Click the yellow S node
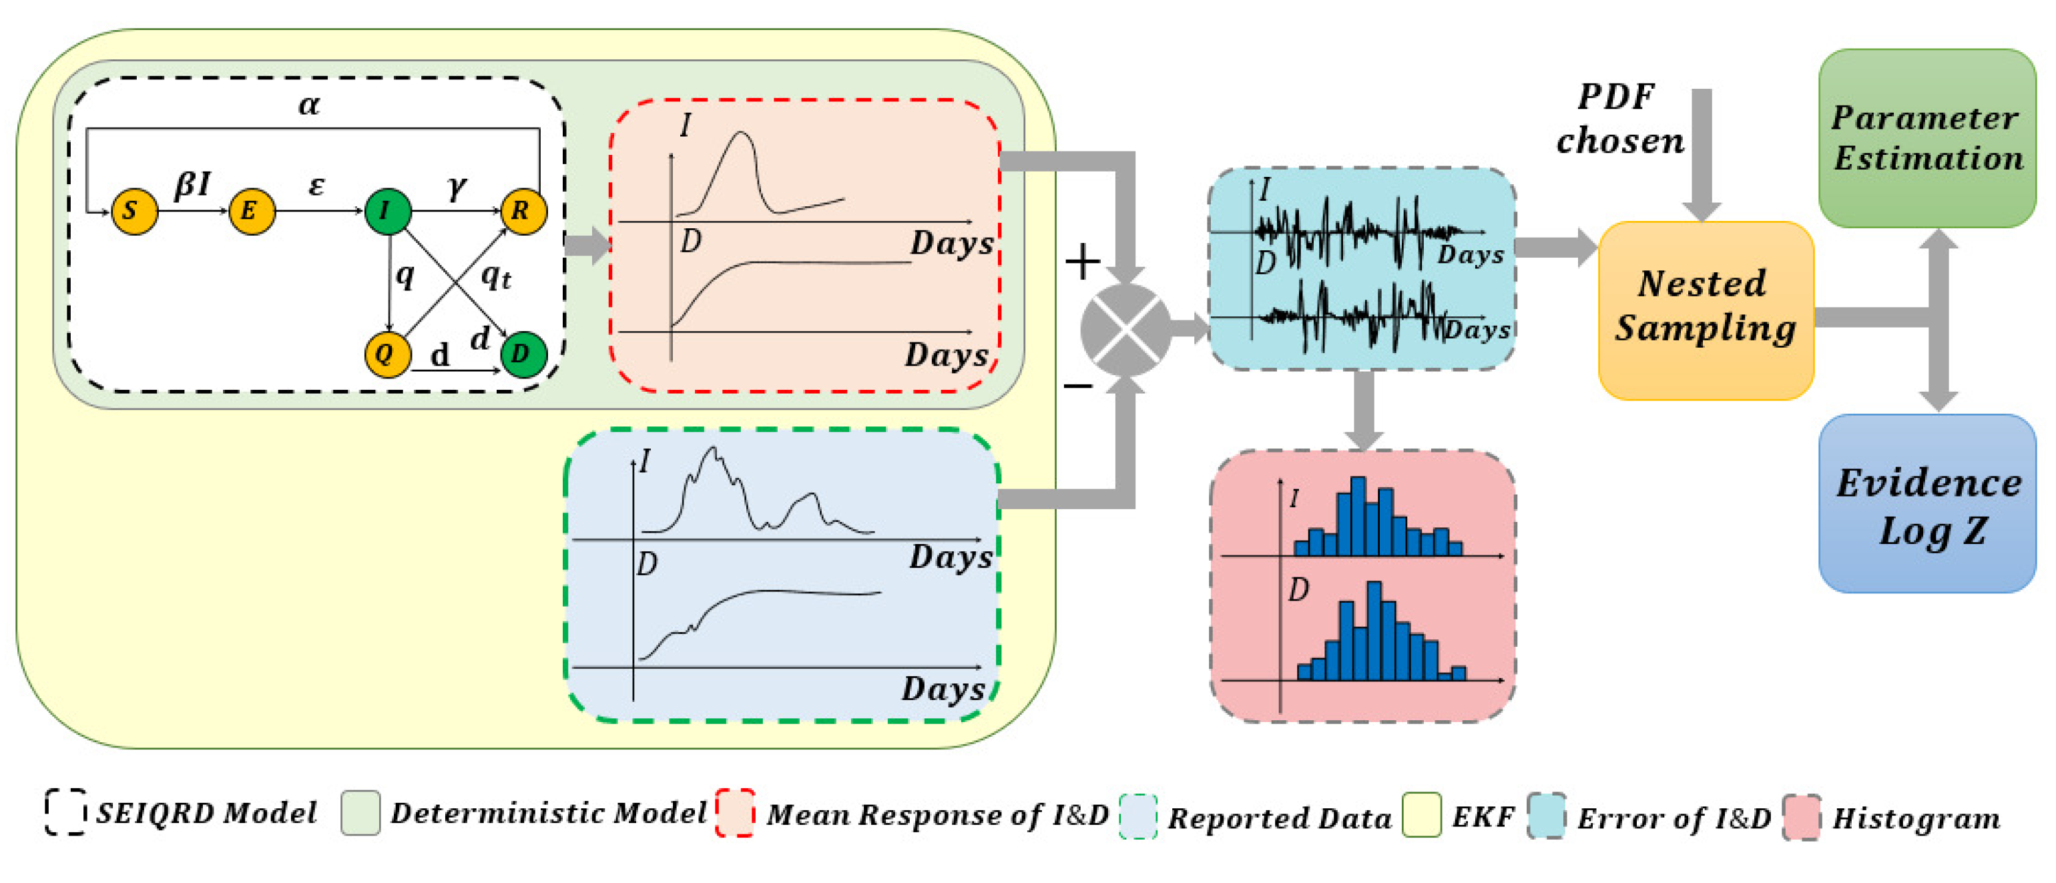[134, 212]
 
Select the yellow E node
[252, 212]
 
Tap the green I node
[388, 212]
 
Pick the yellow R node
[523, 212]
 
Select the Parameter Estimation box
[1926, 138]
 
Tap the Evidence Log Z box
[1926, 503]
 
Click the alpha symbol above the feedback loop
[309, 105]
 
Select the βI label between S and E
[192, 185]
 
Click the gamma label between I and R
[456, 188]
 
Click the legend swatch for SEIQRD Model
[65, 813]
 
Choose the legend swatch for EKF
[1421, 814]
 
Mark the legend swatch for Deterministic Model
[360, 813]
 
